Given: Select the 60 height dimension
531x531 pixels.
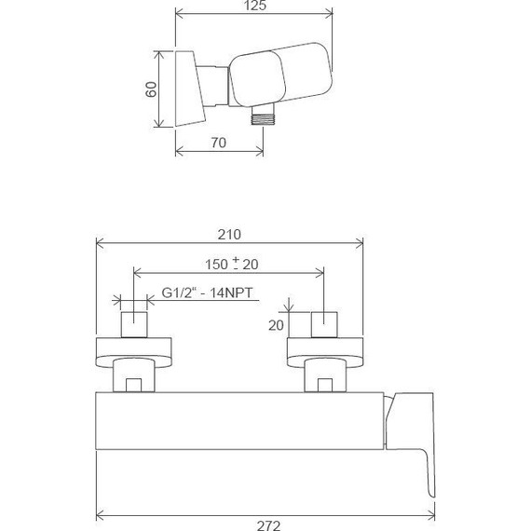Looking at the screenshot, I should [150, 89].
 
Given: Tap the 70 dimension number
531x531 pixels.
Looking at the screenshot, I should [220, 143].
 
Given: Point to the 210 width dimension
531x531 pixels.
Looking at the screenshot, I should [230, 234].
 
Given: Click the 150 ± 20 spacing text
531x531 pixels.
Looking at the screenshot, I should [231, 265].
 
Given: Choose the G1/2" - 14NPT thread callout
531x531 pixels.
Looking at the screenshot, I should [209, 293].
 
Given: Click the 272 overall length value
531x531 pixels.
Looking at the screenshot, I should [268, 524].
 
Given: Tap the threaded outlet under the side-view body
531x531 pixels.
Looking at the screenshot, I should [262, 116].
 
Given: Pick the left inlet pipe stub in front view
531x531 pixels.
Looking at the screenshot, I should [136, 324].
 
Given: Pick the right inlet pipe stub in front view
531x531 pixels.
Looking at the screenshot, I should [323, 324].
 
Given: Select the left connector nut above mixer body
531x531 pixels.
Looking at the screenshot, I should [131, 378].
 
